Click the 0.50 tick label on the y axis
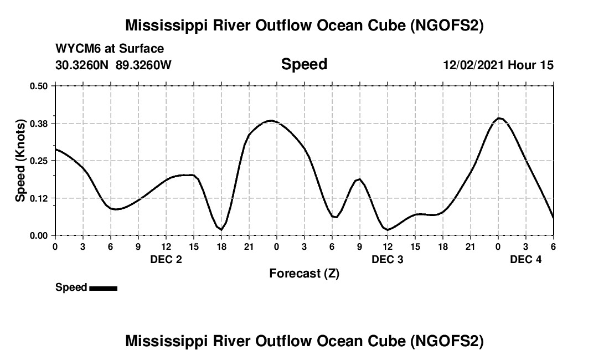(39, 86)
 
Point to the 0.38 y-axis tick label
(39, 123)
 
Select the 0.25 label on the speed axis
(39, 161)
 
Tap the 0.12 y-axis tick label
(39, 198)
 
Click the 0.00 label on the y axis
(39, 235)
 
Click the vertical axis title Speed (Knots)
(20, 160)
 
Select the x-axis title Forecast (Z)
(304, 273)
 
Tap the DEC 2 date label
(166, 259)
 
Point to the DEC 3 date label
(388, 259)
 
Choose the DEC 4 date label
(526, 259)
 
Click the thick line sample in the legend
(103, 288)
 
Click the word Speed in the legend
(71, 287)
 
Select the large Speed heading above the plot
(304, 64)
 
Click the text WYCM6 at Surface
(110, 49)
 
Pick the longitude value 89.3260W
(143, 65)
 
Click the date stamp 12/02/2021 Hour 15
(498, 65)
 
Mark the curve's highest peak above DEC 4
(499, 118)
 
